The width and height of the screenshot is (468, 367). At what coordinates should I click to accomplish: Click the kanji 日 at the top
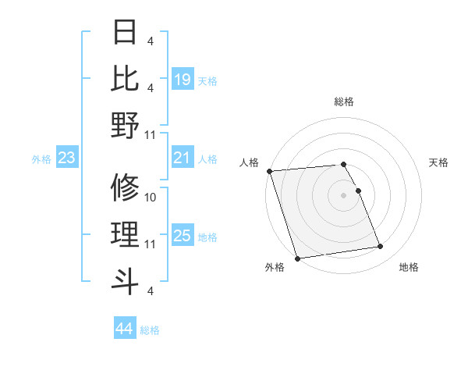(x=126, y=33)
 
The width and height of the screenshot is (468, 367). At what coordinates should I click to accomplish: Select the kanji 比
(x=126, y=79)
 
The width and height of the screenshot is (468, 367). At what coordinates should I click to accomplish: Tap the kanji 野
(x=126, y=126)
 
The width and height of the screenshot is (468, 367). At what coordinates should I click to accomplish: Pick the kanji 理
(x=126, y=235)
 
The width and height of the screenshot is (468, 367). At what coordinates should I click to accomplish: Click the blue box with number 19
(x=183, y=79)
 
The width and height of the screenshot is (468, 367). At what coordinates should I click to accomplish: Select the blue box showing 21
(x=183, y=159)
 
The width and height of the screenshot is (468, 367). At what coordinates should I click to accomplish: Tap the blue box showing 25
(x=183, y=236)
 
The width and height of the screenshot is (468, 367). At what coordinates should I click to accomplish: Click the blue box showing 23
(x=67, y=159)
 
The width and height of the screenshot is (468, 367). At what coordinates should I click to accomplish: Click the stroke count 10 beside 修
(x=151, y=198)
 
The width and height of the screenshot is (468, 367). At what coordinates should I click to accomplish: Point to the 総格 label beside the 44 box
(x=150, y=330)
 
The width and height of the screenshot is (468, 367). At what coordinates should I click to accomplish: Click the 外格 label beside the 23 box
(x=41, y=159)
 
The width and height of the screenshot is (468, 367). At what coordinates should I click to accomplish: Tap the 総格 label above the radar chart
(x=344, y=102)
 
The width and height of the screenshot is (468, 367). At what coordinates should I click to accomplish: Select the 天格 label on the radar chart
(x=438, y=162)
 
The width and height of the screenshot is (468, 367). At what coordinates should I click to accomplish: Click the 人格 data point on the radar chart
(x=269, y=171)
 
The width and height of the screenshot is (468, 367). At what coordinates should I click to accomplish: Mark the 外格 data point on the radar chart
(x=297, y=258)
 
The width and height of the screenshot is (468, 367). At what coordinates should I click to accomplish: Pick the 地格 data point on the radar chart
(x=381, y=247)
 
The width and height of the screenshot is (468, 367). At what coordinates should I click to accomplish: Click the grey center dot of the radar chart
(x=344, y=195)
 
